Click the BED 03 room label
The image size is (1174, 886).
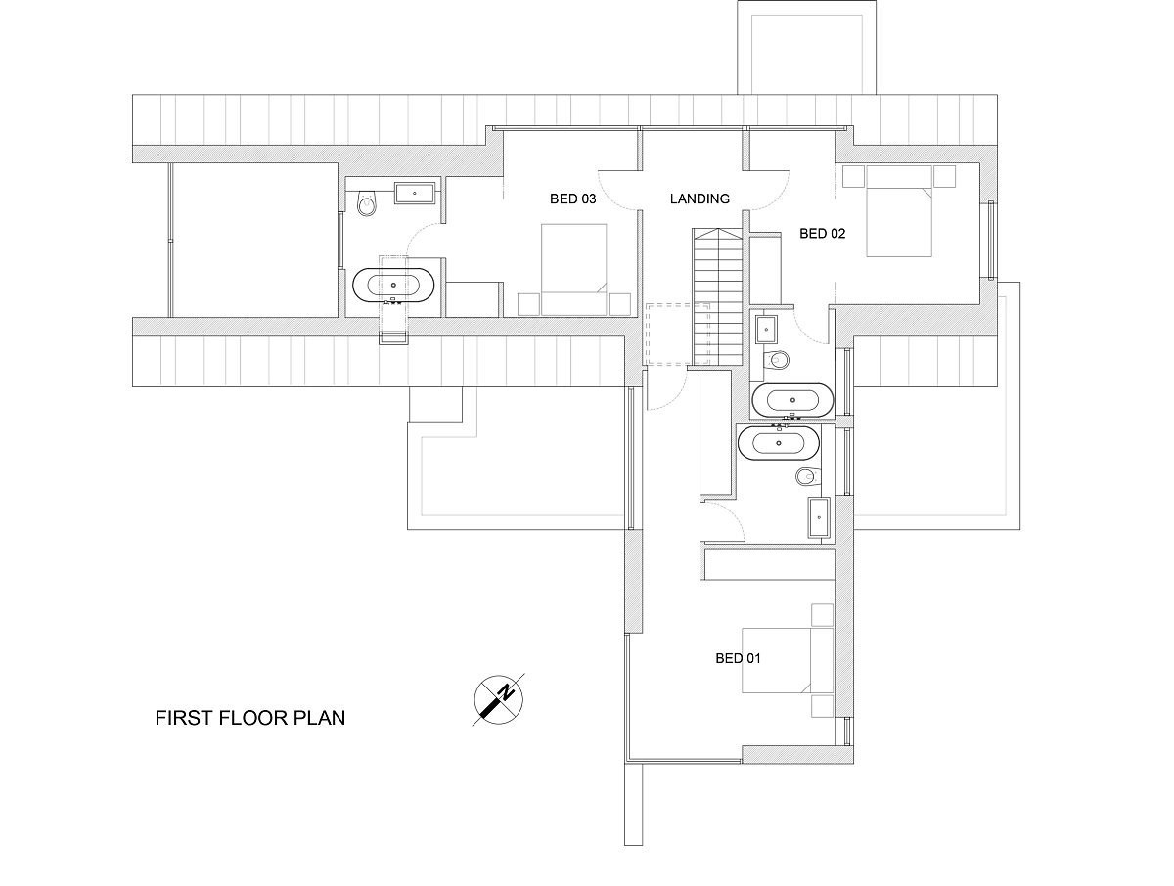click(x=572, y=199)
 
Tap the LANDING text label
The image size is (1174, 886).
click(x=700, y=199)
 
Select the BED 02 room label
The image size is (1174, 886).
click(x=822, y=233)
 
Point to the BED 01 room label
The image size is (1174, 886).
click(x=738, y=658)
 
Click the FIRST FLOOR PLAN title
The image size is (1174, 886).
click(x=250, y=718)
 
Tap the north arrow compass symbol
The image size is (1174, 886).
click(x=499, y=699)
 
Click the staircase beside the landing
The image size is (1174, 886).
click(x=718, y=296)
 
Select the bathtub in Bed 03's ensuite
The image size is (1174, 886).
click(x=393, y=285)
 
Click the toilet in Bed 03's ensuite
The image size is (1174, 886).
click(x=367, y=202)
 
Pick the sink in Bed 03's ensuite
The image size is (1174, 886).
click(x=415, y=193)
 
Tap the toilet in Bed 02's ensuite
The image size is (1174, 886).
click(x=777, y=360)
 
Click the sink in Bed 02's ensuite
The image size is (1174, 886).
click(x=766, y=330)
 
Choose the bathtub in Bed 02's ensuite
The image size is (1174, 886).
click(x=792, y=400)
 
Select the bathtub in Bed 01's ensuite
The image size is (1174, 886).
click(x=778, y=442)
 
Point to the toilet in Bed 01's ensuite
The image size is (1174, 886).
click(x=808, y=476)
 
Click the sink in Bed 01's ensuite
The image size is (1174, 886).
click(x=818, y=517)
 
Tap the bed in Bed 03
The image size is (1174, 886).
click(x=574, y=269)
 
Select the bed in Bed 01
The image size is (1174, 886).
click(x=788, y=660)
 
